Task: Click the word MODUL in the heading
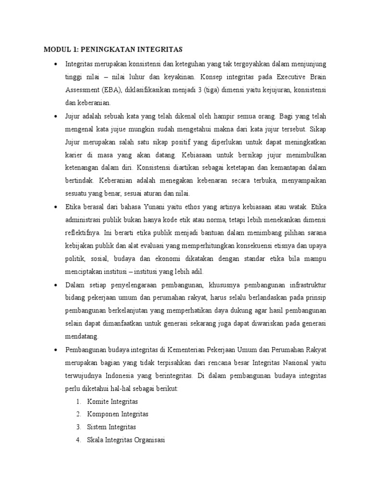click(x=57, y=50)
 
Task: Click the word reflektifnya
click(x=83, y=233)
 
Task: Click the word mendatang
click(x=82, y=337)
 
